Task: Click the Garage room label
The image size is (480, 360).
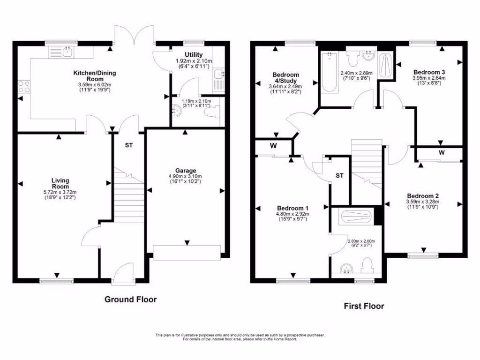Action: (x=186, y=171)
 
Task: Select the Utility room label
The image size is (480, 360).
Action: (x=193, y=55)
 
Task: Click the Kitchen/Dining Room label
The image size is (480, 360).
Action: (x=94, y=76)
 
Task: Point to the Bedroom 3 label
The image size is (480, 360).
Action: (x=428, y=72)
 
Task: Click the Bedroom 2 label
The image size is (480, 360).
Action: (x=422, y=196)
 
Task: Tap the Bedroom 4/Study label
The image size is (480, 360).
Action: (x=285, y=78)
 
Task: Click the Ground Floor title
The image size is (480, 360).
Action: (x=130, y=299)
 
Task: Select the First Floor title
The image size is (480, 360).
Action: (x=364, y=306)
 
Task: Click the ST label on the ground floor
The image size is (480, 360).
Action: (x=128, y=145)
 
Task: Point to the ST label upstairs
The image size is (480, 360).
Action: (x=340, y=176)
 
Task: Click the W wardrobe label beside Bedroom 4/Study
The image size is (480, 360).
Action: (x=273, y=145)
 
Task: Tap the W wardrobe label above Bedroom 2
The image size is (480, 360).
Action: (x=442, y=153)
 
